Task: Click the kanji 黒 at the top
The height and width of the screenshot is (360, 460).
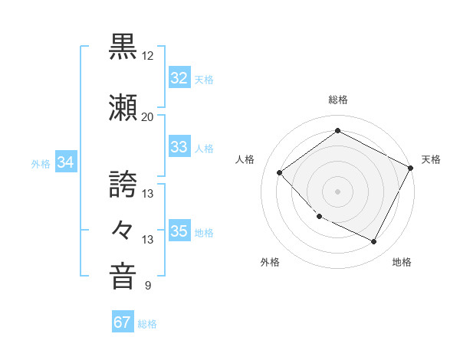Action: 123,45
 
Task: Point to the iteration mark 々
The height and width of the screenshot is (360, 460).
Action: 123,229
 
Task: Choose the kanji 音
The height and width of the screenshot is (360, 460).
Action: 123,275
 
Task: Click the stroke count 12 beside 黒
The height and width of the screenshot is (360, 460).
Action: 147,56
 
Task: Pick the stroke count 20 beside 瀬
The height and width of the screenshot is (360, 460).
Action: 147,116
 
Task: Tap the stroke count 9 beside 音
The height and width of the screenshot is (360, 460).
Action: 147,286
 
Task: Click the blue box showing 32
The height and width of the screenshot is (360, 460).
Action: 179,78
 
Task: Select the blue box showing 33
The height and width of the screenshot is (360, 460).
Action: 179,147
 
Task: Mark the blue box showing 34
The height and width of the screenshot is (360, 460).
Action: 66,162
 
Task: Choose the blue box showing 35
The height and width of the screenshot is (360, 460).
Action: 179,231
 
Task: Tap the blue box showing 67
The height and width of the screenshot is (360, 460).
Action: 122,322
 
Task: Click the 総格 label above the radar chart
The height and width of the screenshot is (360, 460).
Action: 338,100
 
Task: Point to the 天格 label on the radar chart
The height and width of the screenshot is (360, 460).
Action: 431,159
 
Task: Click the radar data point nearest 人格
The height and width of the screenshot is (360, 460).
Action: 280,172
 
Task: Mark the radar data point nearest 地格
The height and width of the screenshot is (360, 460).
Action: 374,242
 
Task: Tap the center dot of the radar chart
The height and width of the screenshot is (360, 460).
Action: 338,191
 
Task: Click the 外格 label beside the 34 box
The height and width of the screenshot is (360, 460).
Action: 41,163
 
